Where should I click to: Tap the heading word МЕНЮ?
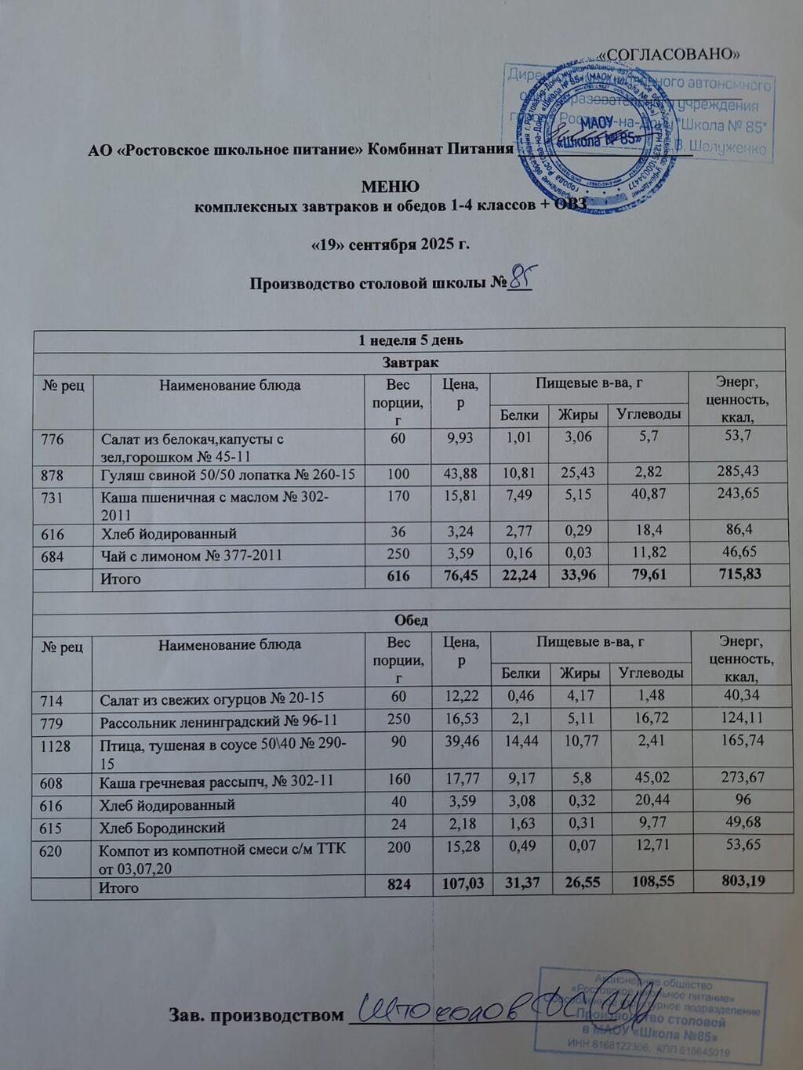pos(390,187)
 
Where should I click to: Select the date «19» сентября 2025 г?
pos(391,244)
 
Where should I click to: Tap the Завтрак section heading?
pos(409,362)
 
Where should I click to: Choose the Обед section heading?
pos(410,620)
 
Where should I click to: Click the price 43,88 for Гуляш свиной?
pos(460,473)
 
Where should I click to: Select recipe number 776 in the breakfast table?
pos(53,439)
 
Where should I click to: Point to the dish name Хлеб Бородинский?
pos(162,828)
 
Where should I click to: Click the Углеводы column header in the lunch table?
pos(650,673)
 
